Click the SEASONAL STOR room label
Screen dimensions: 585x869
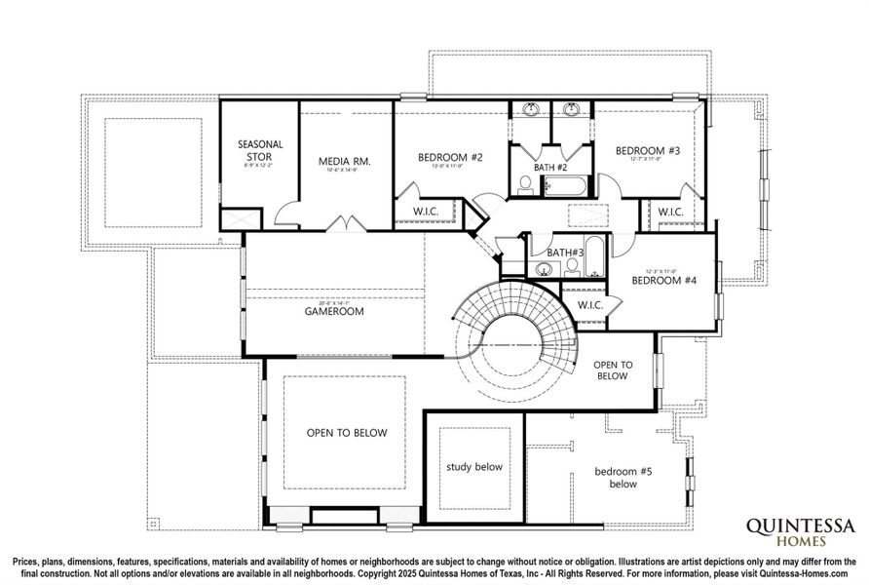260,150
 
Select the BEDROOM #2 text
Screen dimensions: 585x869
451,157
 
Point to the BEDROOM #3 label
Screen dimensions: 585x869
647,151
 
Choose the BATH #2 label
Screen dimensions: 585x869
550,167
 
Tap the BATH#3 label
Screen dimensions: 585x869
564,253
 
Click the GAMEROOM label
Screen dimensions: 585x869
334,312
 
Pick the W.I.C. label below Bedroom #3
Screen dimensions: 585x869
670,212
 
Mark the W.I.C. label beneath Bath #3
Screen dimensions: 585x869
591,305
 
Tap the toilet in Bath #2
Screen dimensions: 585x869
526,184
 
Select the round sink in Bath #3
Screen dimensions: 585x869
543,268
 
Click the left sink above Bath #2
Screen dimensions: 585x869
532,109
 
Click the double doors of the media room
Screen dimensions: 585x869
345,224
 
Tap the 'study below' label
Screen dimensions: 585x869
474,467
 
